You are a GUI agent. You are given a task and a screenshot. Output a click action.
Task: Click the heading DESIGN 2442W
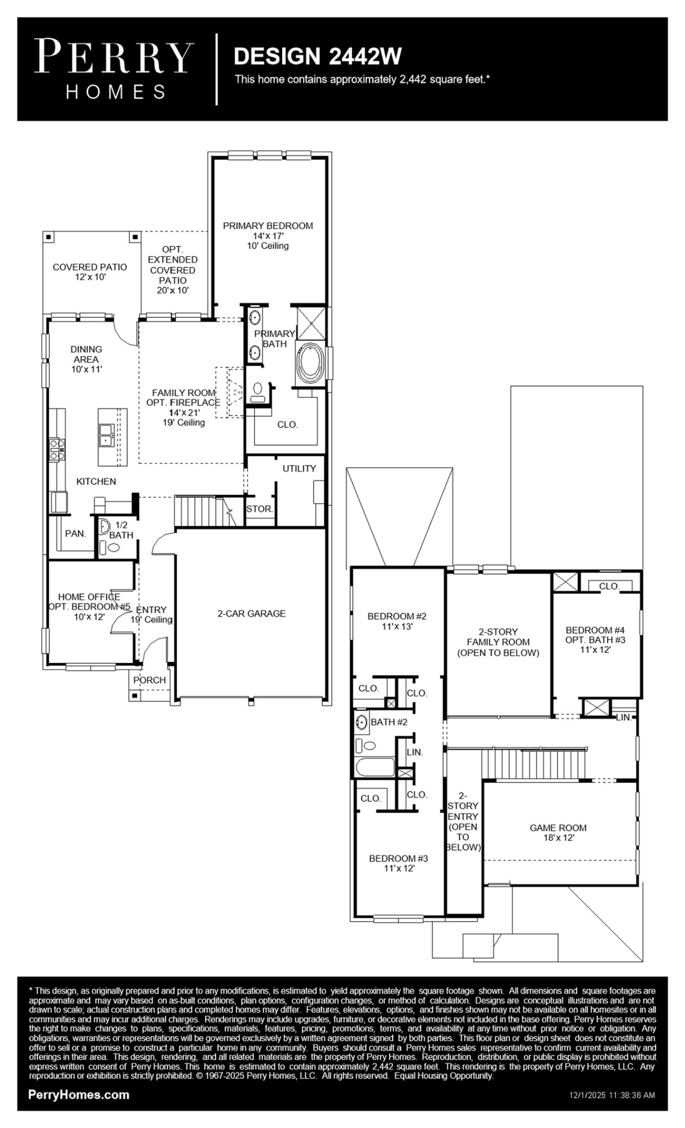pyautogui.click(x=318, y=56)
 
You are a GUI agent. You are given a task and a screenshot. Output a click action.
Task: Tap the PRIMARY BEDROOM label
pyautogui.click(x=268, y=226)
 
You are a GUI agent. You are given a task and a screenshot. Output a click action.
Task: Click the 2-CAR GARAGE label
pyautogui.click(x=251, y=614)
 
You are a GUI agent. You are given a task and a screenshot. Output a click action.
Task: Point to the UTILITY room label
pyautogui.click(x=299, y=468)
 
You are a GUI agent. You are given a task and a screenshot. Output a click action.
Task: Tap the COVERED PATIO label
pyautogui.click(x=90, y=267)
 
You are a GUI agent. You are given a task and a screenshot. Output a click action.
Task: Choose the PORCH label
pyautogui.click(x=149, y=680)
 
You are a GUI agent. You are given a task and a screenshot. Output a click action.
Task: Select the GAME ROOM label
pyautogui.click(x=558, y=828)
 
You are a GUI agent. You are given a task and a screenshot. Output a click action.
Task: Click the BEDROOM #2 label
pyautogui.click(x=397, y=616)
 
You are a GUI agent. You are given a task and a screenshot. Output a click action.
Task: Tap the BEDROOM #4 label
pyautogui.click(x=595, y=630)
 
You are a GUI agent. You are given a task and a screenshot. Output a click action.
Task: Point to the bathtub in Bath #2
pyautogui.click(x=375, y=768)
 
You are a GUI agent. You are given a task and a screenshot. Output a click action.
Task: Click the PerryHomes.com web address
pyautogui.click(x=78, y=1095)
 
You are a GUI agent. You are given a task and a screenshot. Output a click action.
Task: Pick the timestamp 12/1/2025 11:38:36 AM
pyautogui.click(x=612, y=1096)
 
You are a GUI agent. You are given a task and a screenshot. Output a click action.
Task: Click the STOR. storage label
pyautogui.click(x=259, y=509)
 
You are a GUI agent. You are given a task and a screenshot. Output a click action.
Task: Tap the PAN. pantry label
pyautogui.click(x=75, y=534)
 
